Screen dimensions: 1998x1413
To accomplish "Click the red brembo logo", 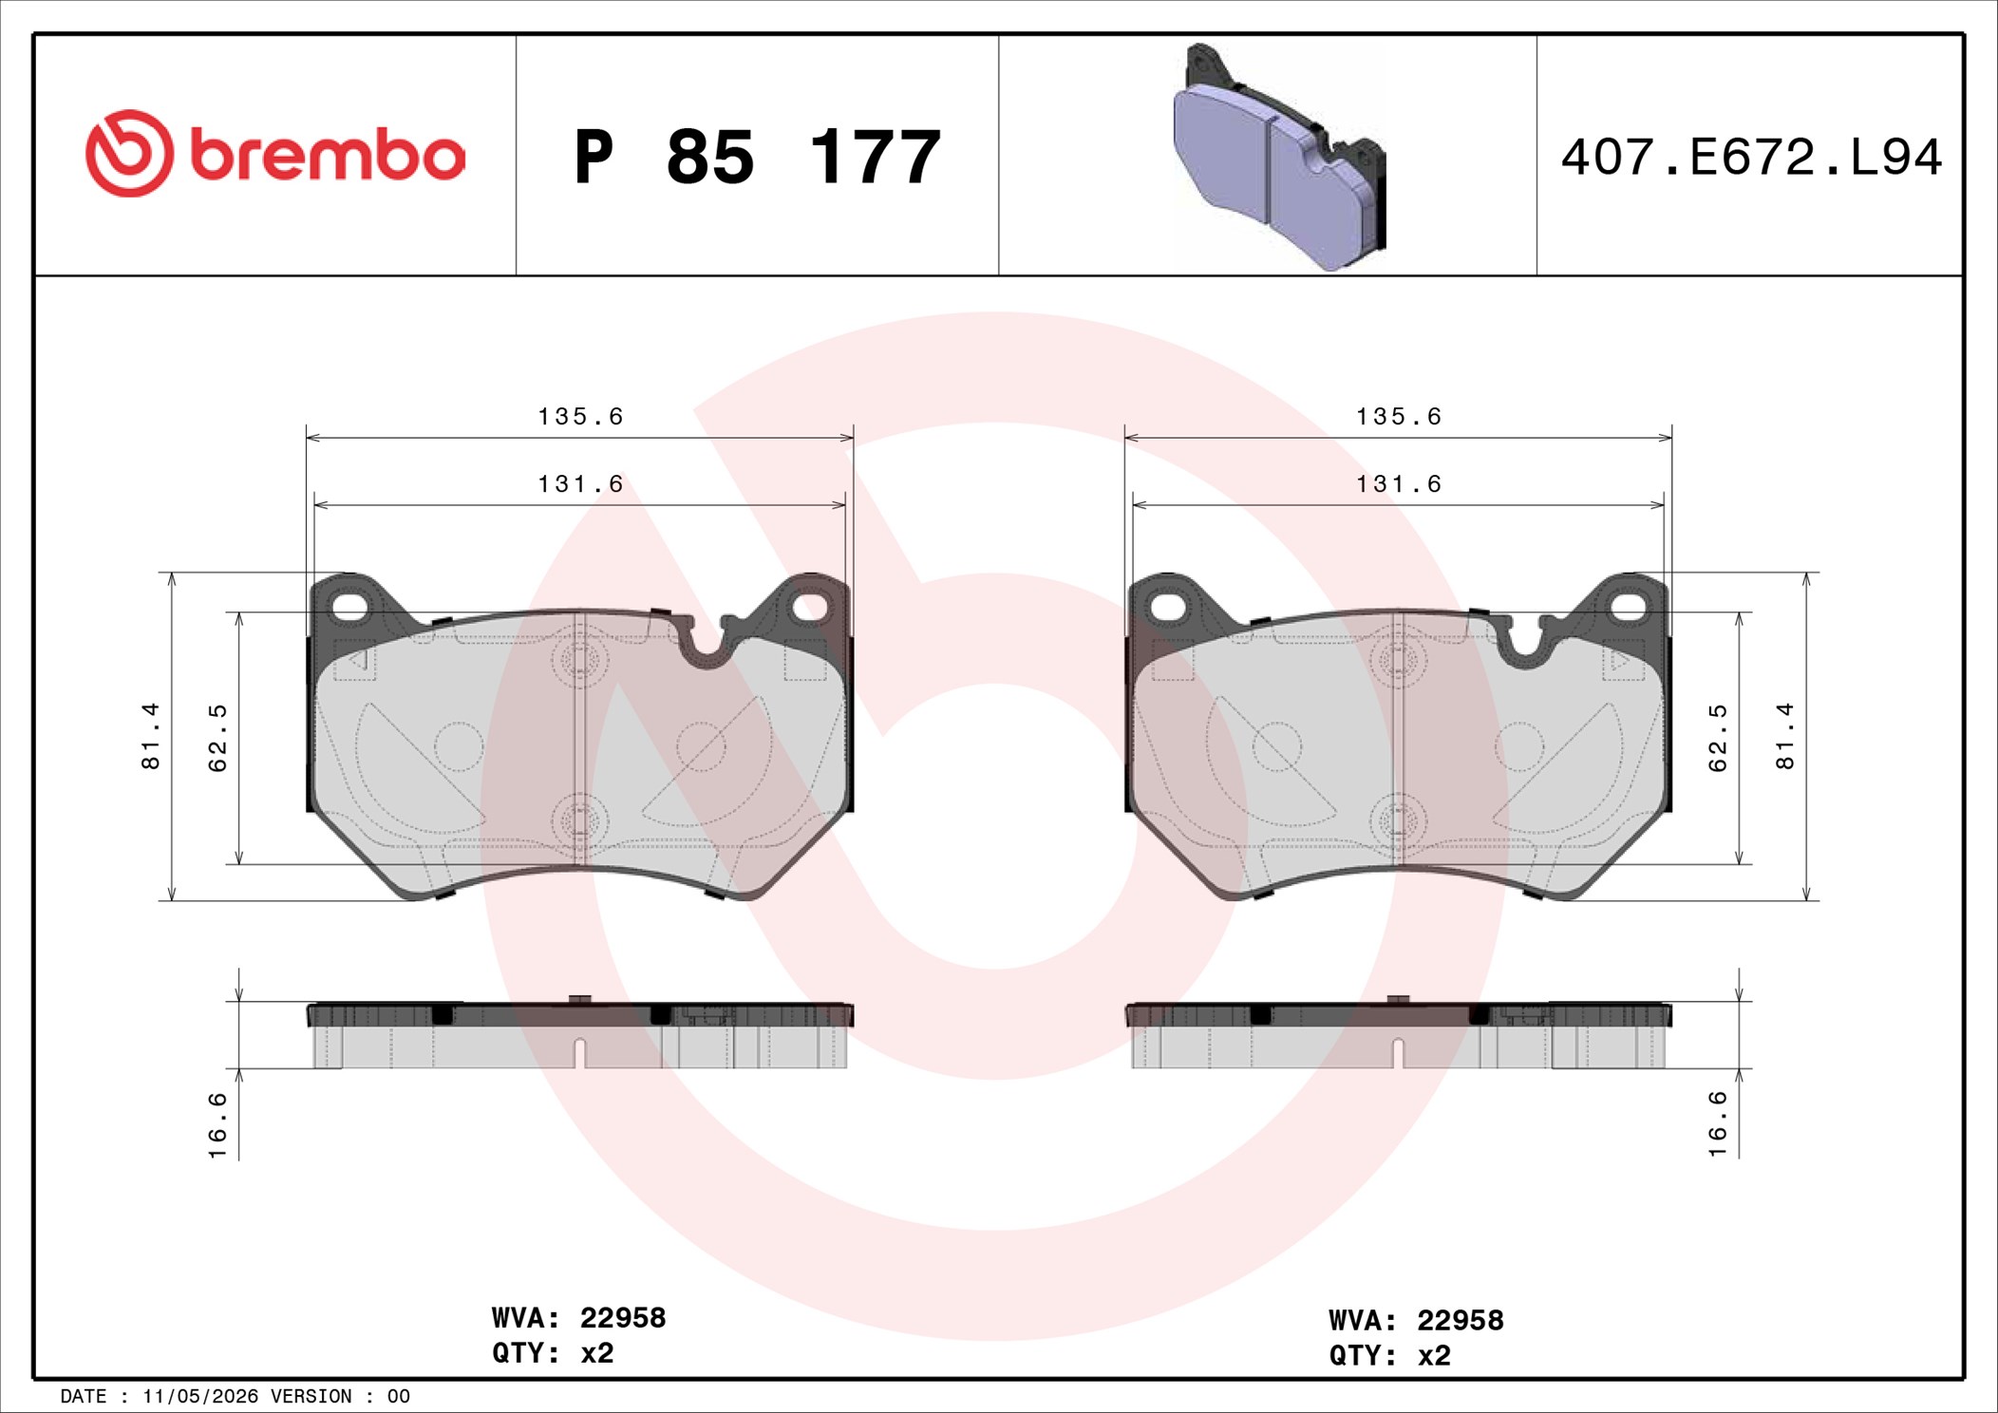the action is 275,154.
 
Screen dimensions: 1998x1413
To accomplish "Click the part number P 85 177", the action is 757,157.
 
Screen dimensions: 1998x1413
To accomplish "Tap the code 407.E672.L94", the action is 1751,158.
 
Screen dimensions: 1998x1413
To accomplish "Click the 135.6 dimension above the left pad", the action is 580,417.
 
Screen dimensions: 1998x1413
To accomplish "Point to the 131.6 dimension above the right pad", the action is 1398,484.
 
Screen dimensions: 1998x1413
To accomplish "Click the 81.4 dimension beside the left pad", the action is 151,736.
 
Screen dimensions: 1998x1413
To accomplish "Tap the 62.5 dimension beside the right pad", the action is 1718,738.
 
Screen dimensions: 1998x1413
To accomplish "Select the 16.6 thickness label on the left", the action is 217,1125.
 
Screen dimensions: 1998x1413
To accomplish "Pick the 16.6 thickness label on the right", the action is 1718,1123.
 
